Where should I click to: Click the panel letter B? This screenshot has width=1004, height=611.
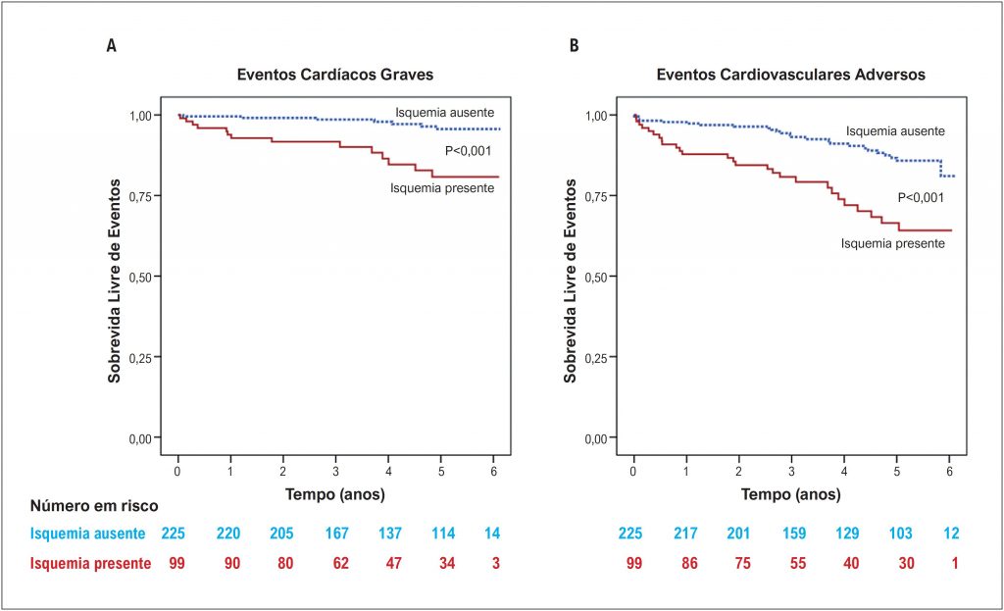click(574, 46)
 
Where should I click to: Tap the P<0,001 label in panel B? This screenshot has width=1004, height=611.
click(921, 197)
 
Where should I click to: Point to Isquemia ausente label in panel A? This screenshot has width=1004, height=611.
click(444, 112)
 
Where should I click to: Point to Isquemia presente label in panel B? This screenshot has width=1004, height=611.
click(892, 242)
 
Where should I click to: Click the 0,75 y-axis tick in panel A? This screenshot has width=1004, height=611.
click(143, 196)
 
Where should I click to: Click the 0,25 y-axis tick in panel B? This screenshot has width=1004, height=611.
click(598, 357)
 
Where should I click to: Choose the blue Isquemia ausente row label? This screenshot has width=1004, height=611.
click(88, 535)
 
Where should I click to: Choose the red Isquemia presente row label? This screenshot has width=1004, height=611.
click(90, 564)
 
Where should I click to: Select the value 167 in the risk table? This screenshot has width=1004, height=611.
click(335, 535)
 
